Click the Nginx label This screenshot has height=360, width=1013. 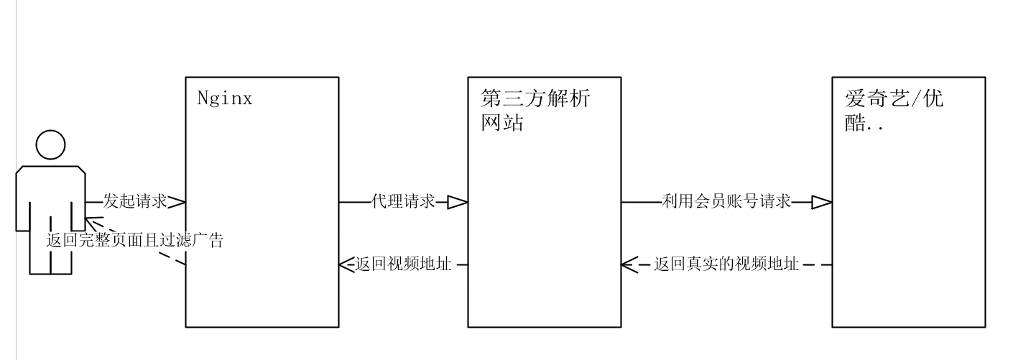(x=225, y=98)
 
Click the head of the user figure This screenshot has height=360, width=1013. (x=50, y=147)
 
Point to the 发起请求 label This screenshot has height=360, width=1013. (x=134, y=202)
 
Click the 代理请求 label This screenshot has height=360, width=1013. (x=403, y=202)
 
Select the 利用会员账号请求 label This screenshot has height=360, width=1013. (x=726, y=202)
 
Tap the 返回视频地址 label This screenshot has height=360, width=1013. (x=403, y=264)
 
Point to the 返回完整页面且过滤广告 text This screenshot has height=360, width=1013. (x=135, y=241)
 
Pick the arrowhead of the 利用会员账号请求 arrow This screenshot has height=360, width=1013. (x=822, y=203)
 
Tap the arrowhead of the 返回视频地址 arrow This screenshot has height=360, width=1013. (x=346, y=264)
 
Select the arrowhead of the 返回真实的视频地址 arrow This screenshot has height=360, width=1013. (x=630, y=264)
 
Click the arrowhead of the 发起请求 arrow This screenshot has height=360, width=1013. (x=177, y=202)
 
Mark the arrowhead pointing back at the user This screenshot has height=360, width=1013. (x=91, y=224)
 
